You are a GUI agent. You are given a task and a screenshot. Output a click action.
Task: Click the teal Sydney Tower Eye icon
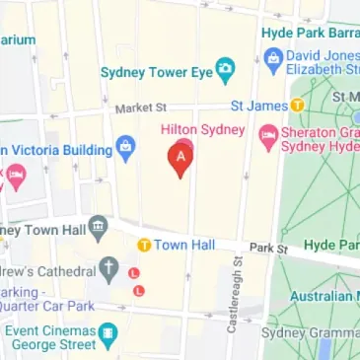[226, 71]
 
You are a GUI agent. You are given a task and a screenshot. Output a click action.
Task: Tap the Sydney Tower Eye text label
[156, 72]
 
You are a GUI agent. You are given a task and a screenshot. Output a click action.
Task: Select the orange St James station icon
[298, 106]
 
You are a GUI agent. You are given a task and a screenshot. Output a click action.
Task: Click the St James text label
[258, 106]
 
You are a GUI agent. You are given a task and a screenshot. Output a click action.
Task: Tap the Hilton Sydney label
[205, 130]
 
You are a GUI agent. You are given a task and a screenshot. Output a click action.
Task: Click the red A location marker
[180, 158]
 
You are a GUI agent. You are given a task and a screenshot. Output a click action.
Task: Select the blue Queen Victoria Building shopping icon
[124, 150]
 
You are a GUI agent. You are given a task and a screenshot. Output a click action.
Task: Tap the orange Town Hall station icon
[144, 244]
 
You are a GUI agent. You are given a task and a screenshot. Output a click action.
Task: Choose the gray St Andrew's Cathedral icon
[109, 269]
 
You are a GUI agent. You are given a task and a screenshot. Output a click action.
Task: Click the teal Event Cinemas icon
[109, 334]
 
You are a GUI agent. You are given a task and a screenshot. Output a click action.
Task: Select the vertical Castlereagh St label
[235, 294]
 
